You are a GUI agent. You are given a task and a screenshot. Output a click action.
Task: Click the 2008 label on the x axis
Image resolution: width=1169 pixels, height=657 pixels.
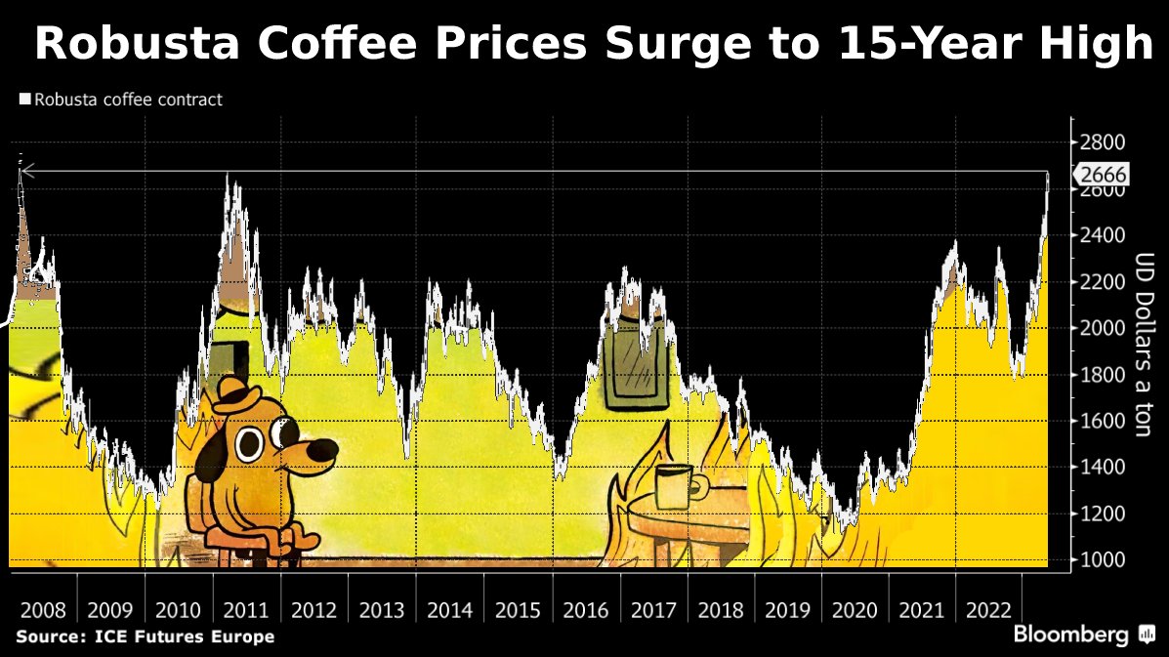43,611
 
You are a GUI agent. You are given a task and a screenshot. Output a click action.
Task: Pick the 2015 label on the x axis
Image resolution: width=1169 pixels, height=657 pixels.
518,611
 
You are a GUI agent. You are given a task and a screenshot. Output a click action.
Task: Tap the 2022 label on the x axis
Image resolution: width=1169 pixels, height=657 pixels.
987,611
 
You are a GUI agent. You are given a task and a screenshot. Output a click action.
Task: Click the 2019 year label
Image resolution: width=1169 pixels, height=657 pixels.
787,611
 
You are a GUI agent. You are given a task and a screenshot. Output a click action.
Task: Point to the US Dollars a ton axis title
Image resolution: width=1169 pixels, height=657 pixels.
1144,345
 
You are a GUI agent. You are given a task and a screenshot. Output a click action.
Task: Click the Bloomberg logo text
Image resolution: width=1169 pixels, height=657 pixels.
1070,635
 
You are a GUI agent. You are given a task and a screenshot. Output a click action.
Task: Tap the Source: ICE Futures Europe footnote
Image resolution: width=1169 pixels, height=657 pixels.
145,637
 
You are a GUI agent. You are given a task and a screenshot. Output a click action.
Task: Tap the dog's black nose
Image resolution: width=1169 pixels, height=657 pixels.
321,451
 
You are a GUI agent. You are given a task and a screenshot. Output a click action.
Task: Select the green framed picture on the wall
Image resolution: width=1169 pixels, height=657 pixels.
635,367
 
